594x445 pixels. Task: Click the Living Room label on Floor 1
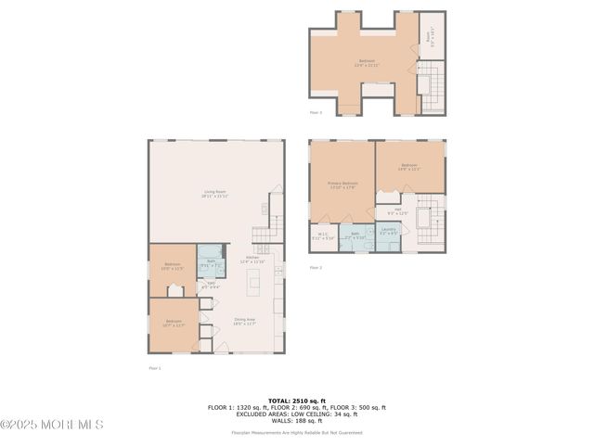click(x=216, y=194)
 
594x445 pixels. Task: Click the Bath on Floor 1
click(x=211, y=263)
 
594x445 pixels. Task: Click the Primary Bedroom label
click(x=342, y=185)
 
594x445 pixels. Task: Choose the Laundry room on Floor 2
click(x=389, y=232)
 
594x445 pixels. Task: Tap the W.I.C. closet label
click(x=322, y=235)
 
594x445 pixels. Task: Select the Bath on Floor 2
click(x=355, y=235)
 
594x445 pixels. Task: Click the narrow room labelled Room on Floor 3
click(x=428, y=36)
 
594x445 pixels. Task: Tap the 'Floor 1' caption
click(x=155, y=368)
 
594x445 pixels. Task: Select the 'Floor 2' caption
click(x=316, y=267)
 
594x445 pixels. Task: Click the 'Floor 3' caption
click(x=316, y=112)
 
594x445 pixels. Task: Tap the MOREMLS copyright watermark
click(x=52, y=425)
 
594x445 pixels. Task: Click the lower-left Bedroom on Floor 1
click(x=173, y=324)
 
